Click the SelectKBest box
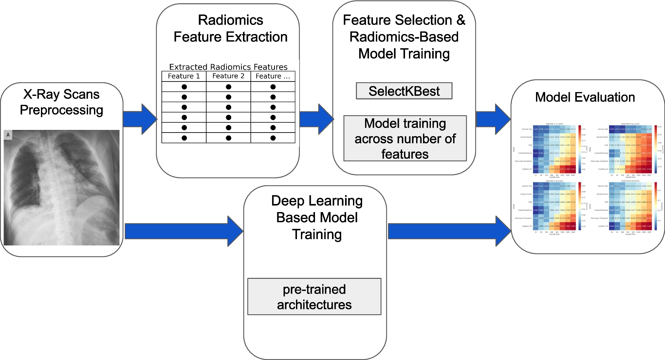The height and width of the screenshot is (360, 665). coord(404,91)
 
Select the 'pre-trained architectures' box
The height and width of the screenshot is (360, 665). coord(314,297)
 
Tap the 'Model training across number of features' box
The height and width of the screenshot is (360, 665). coord(405,138)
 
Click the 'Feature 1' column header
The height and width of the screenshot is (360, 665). coord(184,76)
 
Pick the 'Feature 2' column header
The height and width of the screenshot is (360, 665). coord(228,76)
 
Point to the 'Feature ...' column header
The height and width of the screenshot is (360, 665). coord(273,76)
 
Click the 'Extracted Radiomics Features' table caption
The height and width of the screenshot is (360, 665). coord(228,67)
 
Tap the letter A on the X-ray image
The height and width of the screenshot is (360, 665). coord(8,135)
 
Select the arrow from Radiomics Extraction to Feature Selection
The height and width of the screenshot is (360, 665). coord(316,119)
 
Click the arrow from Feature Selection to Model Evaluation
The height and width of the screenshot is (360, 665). coord(493,119)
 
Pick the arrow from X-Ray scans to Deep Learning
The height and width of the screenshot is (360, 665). coord(183,231)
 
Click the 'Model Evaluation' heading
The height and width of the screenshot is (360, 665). coord(585,97)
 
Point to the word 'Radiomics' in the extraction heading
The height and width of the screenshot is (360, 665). coord(231,20)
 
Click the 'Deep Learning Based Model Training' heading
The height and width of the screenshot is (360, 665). coord(317,217)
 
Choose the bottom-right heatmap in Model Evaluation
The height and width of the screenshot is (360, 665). coord(630,206)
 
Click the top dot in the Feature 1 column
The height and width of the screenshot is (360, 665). coord(184,87)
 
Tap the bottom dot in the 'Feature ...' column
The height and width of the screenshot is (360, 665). coord(273,138)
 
